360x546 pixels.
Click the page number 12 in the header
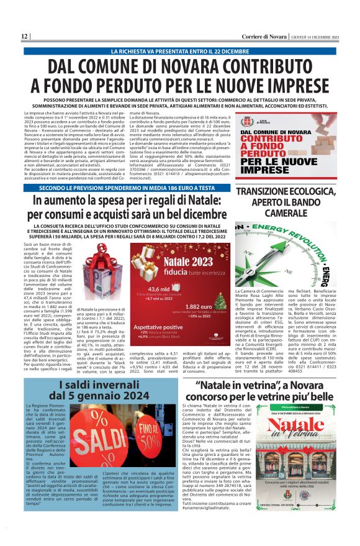coord(24,37)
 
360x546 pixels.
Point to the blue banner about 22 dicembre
coord(179,50)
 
